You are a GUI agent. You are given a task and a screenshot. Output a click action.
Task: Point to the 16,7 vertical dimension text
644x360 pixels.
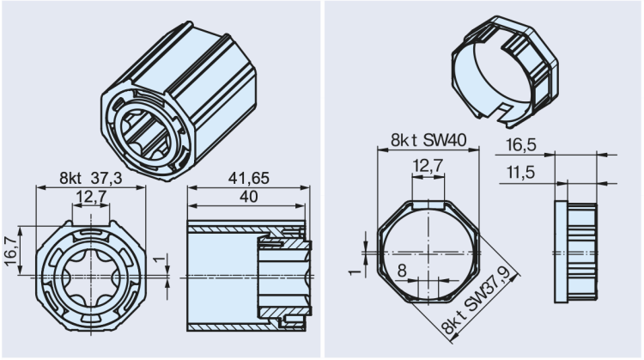pos(9,250)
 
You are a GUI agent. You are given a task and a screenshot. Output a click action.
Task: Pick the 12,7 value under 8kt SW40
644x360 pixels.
pos(428,164)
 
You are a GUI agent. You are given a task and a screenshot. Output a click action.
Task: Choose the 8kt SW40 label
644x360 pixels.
pos(427,139)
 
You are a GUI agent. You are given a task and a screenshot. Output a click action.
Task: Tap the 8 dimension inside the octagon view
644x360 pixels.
pos(403,269)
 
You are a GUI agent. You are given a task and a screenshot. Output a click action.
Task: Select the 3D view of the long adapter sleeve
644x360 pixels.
pos(179,100)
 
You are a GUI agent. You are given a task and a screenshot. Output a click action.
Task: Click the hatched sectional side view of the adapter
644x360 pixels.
pos(246,275)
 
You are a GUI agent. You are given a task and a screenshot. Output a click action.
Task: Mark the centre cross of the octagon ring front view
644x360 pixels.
pos(428,252)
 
